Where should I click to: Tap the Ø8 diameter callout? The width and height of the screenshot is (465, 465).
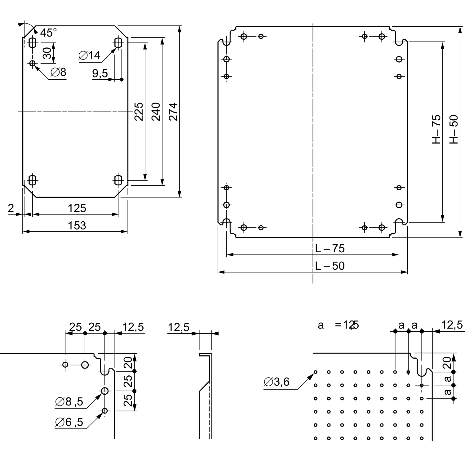pos(59,72)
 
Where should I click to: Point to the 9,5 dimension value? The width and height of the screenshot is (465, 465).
pos(100,73)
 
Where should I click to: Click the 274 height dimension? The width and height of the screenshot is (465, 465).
pos(173,112)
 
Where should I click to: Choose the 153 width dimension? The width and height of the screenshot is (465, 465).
pos(77,226)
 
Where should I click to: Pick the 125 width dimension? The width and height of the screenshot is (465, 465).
pos(77,208)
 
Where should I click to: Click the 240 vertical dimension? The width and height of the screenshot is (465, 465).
pos(156,112)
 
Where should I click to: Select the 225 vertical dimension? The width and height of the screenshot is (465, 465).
pos(139,112)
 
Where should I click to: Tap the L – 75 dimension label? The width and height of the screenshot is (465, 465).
pos(330,249)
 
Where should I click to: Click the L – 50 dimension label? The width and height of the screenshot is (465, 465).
pos(330,266)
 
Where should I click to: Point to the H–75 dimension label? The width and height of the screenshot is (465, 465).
pos(436,129)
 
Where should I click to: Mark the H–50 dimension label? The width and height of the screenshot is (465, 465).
pos(454,129)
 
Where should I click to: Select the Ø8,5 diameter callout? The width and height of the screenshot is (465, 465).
pos(69,402)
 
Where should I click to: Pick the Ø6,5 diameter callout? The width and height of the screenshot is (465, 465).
pos(69,422)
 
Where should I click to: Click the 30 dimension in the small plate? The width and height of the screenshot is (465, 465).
pos(47,53)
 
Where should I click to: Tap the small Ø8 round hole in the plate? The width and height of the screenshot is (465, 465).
pos(33,63)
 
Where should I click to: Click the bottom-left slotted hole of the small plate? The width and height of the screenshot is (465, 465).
pos(33,180)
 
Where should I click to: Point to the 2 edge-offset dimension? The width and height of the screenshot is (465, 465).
pos(11,208)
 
